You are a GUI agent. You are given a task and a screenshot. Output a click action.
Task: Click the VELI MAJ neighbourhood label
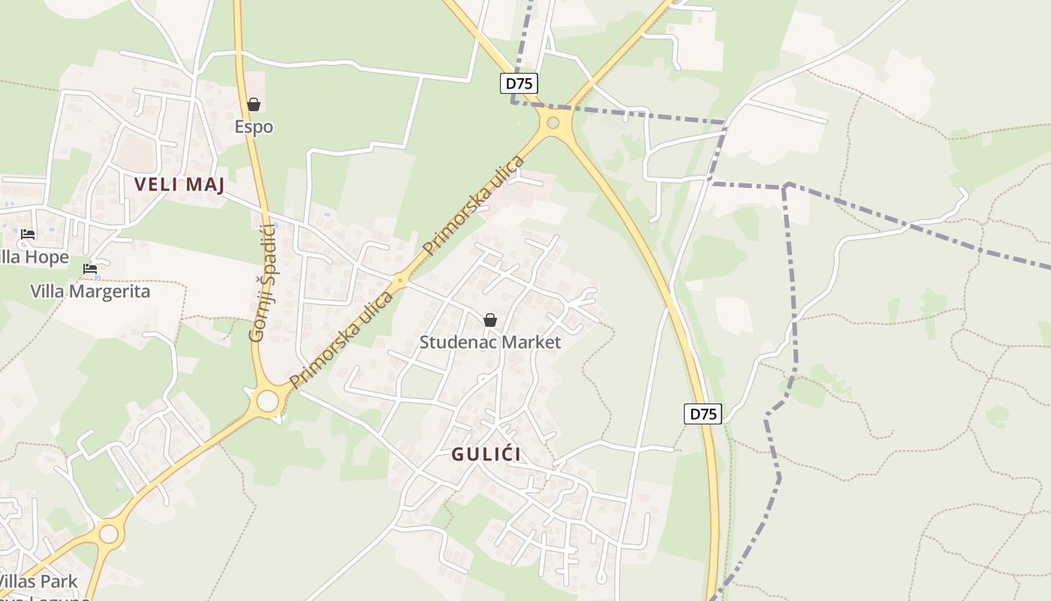tap(179, 185)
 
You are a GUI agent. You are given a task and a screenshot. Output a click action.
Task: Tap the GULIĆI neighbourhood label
tap(486, 455)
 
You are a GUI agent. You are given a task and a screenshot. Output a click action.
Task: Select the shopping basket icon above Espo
tap(254, 104)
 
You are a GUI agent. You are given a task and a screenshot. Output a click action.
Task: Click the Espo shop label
tap(254, 127)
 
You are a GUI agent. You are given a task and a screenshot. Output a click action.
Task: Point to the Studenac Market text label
tap(489, 343)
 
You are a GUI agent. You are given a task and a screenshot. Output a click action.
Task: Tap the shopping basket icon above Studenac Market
tap(490, 320)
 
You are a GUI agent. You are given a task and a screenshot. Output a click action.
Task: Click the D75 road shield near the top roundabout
tap(519, 83)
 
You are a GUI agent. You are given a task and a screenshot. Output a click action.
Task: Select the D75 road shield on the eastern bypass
tap(703, 413)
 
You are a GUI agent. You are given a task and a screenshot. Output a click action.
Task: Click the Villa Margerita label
tap(90, 291)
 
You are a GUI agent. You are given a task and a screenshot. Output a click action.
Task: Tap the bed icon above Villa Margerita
tap(90, 269)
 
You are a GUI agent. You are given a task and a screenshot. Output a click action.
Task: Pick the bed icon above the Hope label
tap(28, 234)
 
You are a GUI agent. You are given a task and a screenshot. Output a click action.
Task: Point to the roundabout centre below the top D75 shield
tap(553, 122)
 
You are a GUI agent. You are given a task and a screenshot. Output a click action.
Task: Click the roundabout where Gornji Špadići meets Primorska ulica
tap(267, 400)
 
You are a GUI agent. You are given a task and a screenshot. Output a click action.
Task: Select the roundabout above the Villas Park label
tap(109, 534)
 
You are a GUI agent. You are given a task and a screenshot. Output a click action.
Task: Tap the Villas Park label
tap(38, 581)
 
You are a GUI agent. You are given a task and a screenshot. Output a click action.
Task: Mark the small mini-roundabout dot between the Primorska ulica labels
tap(399, 282)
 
